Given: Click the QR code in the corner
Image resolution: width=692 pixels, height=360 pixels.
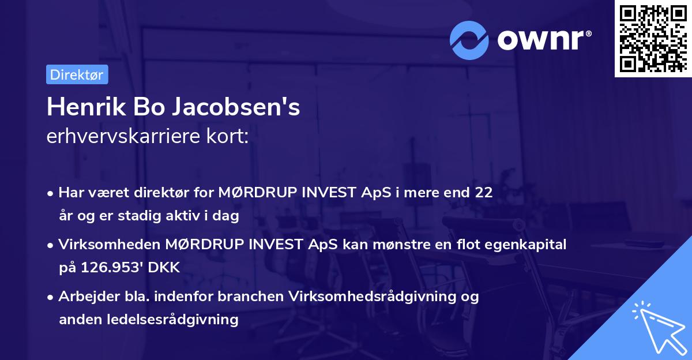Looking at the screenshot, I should (x=653, y=38).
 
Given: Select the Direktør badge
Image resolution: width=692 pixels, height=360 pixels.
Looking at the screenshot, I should (x=77, y=74).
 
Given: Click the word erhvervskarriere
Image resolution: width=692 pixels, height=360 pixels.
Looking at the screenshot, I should (x=117, y=137).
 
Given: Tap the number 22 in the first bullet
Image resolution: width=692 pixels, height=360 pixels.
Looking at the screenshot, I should (x=484, y=193).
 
